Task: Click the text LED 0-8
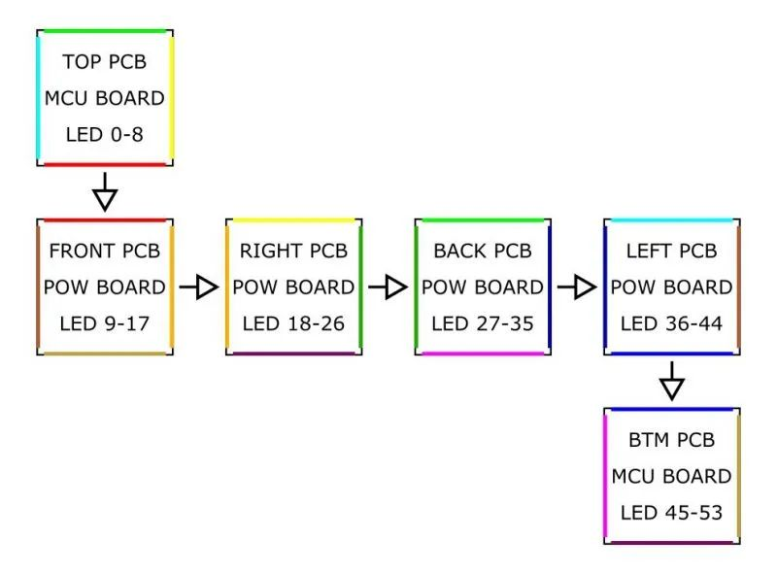(x=105, y=134)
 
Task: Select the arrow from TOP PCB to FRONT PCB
(x=105, y=192)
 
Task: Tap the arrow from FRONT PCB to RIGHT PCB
(x=199, y=287)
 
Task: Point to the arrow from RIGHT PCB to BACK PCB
(x=388, y=287)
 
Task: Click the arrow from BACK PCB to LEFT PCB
(x=577, y=287)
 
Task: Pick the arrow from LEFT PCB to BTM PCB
(x=672, y=381)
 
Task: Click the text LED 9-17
(x=105, y=323)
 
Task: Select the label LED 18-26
(x=293, y=323)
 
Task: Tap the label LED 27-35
(x=483, y=323)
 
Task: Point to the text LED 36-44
(x=671, y=323)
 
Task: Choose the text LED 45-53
(x=671, y=513)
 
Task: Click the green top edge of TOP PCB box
(x=105, y=32)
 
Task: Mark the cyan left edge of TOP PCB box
(x=39, y=97)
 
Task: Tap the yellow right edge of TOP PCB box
(x=171, y=97)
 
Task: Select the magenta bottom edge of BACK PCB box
(x=483, y=354)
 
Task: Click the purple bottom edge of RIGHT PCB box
(x=294, y=354)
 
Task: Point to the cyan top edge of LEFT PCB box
(x=672, y=220)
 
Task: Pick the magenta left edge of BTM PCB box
(x=605, y=476)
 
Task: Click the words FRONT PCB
(x=105, y=251)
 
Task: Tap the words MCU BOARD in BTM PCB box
(x=671, y=476)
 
